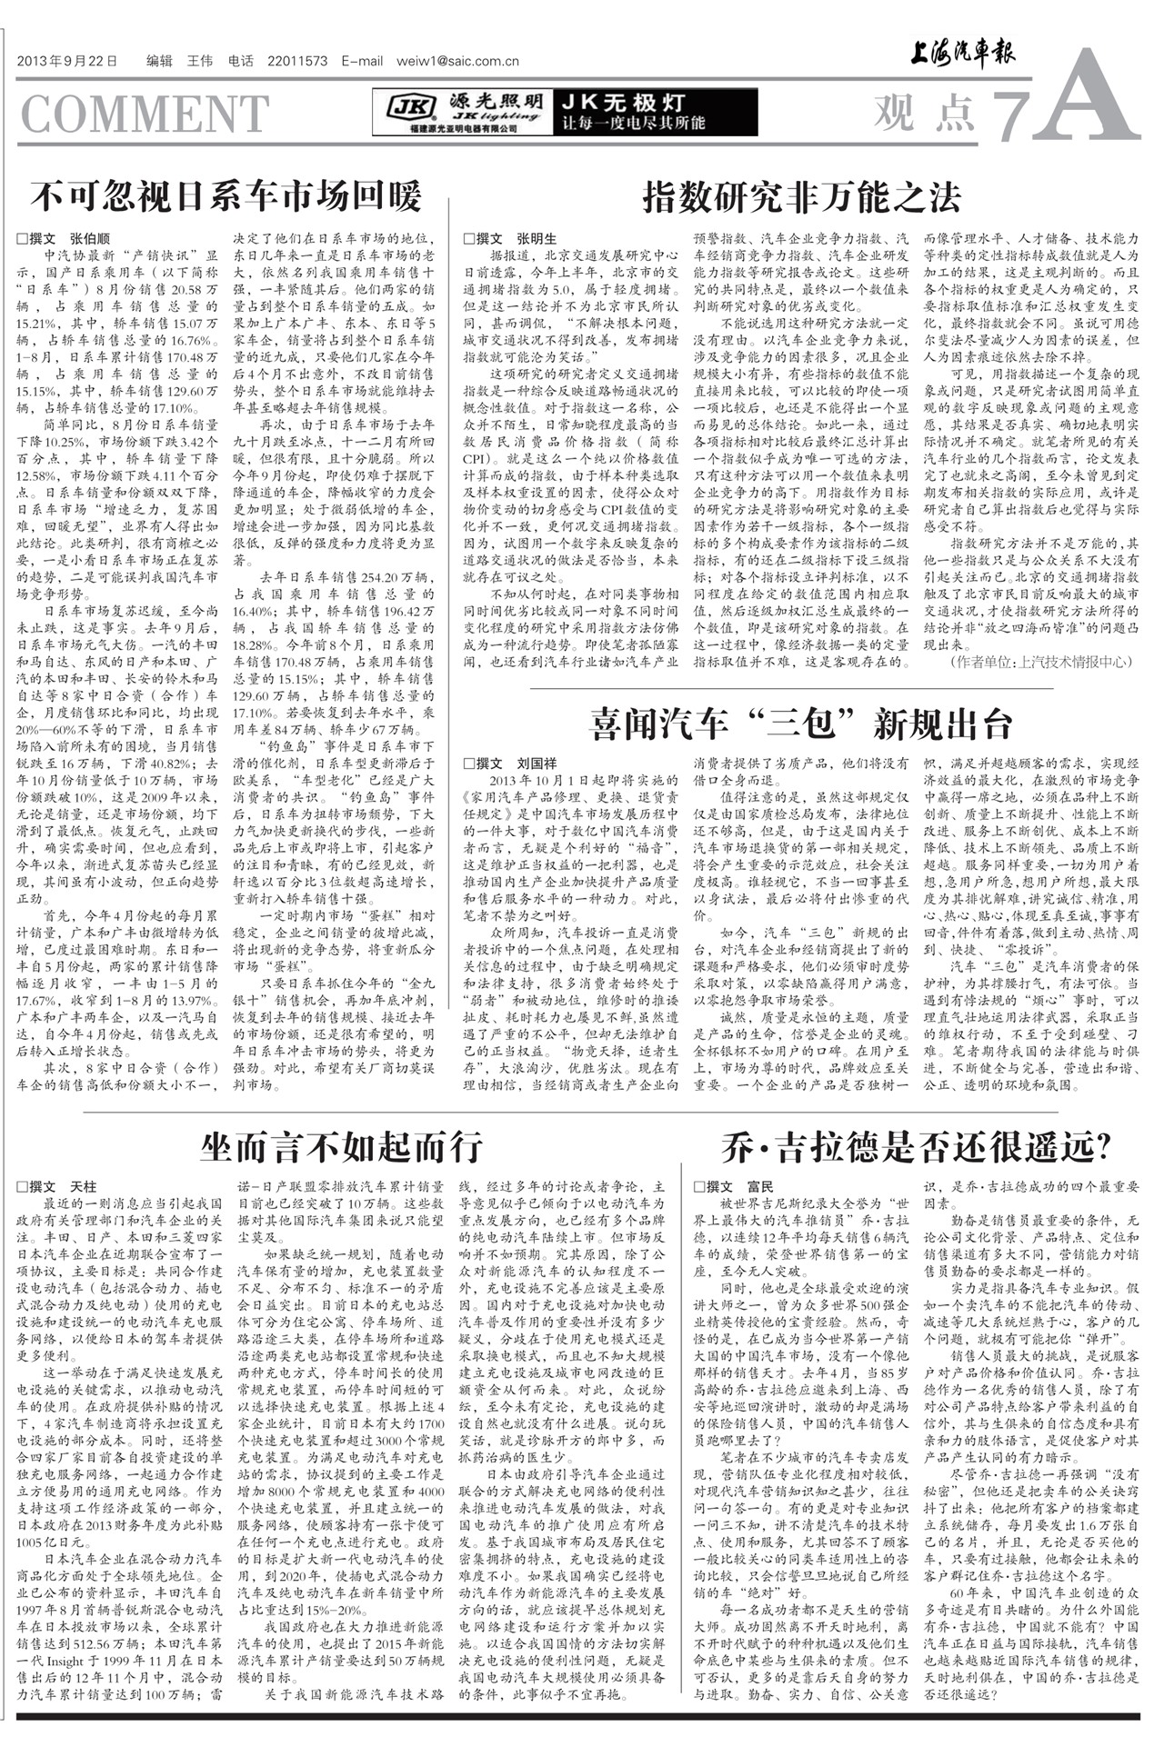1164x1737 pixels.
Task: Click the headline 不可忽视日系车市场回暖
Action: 226,196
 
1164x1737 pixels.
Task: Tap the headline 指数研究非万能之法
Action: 801,195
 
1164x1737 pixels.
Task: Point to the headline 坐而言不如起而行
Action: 342,1147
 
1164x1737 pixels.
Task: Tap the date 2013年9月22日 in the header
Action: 67,62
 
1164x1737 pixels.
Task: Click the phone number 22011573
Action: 297,62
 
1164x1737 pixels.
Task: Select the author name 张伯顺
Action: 90,239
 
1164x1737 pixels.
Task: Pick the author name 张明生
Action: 537,239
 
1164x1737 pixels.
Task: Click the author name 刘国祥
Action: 537,764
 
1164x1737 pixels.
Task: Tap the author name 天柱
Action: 83,1186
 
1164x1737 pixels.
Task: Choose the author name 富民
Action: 759,1186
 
